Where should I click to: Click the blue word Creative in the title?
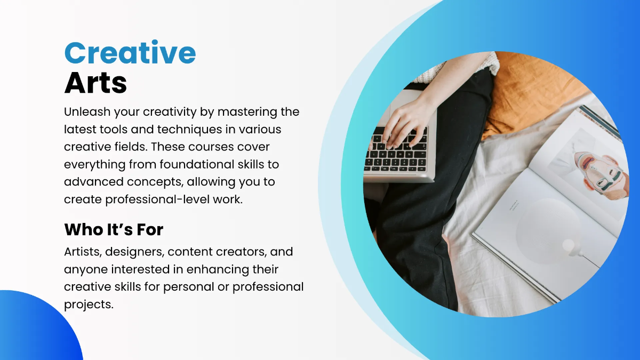[130, 53]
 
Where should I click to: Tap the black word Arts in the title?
[95, 83]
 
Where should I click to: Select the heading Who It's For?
[114, 230]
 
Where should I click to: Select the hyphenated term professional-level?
[152, 199]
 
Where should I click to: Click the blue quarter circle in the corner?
[32, 331]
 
